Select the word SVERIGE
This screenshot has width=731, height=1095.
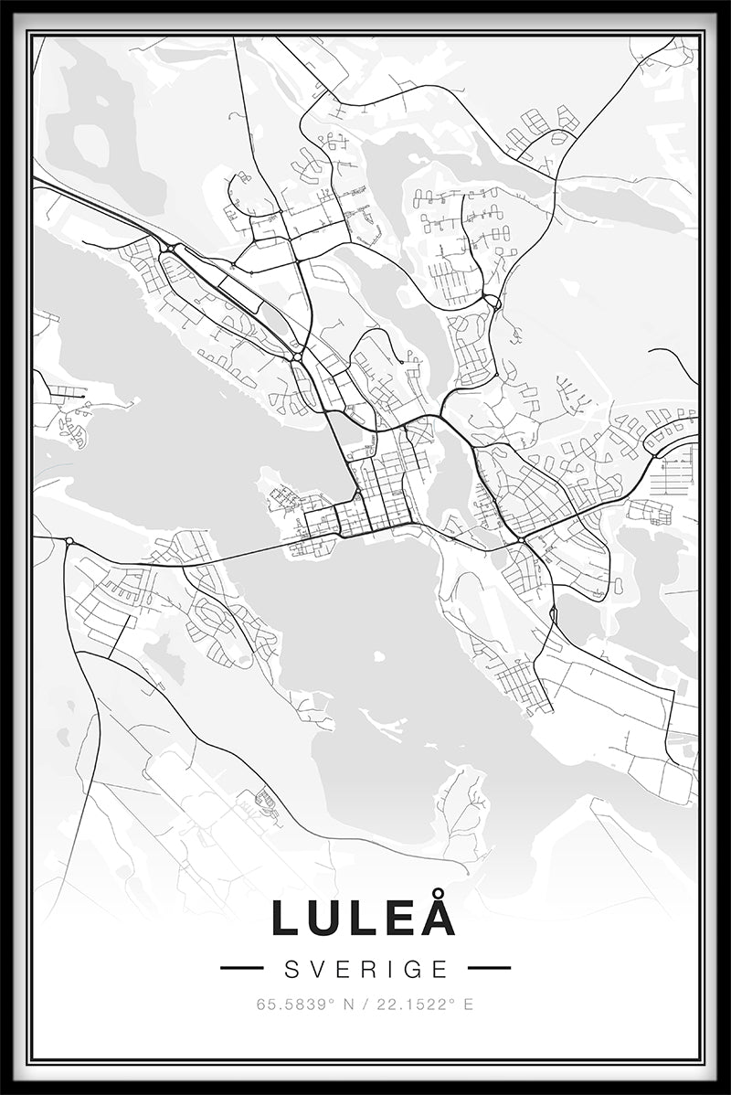click(x=365, y=968)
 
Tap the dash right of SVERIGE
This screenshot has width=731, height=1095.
click(x=489, y=968)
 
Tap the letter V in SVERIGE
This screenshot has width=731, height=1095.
click(x=316, y=968)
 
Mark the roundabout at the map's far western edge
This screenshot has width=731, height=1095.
click(x=69, y=541)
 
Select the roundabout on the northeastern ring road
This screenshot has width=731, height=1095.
click(x=493, y=302)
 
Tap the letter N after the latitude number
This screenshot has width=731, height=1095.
click(x=348, y=1005)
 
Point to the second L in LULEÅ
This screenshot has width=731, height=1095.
click(x=363, y=918)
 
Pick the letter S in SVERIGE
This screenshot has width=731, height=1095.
click(x=292, y=968)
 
